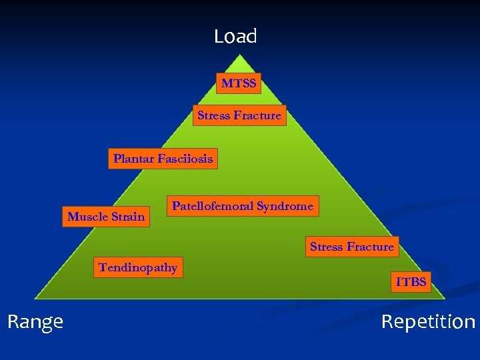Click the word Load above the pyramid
235,36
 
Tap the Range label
35,322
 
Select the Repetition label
427,323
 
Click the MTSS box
239,83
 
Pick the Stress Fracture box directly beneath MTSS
239,115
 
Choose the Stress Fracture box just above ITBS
352,247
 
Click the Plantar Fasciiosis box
163,159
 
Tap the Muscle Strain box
106,216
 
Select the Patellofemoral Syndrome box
242,206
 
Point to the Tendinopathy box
138,267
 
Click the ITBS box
411,282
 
